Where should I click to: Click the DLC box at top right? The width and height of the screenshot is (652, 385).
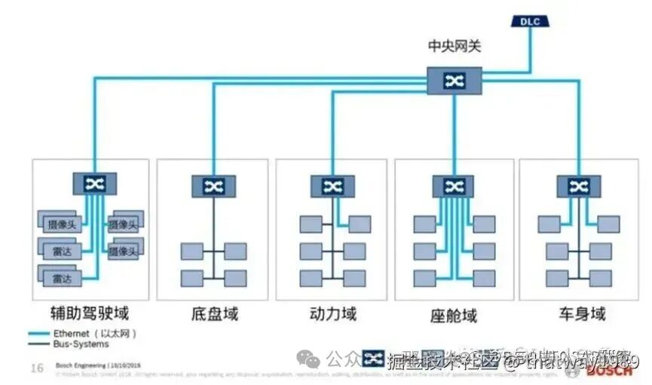530,21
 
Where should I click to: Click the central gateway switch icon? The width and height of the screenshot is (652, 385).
454,81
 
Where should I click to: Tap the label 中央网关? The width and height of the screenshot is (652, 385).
454,47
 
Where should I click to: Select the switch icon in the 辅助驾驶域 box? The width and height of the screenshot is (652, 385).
95,184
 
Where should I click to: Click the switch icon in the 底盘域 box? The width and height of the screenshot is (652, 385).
213,186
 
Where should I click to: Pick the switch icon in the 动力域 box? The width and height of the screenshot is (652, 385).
333,186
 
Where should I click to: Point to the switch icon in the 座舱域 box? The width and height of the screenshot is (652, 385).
453,186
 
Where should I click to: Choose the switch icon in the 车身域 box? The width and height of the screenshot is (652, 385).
578,186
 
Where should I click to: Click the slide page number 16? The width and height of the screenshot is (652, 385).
36,368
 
